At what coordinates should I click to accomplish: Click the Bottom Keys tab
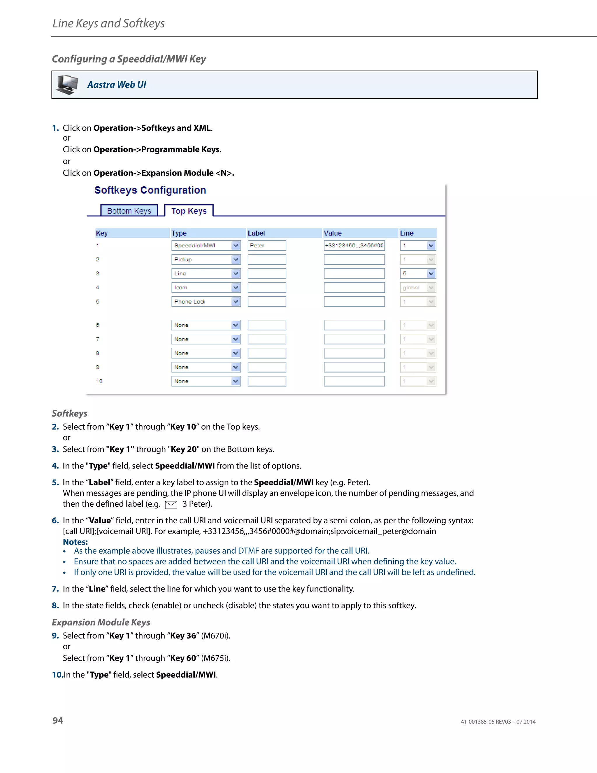click(129, 211)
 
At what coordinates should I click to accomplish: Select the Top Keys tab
click(189, 211)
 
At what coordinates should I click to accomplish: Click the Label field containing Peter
click(267, 245)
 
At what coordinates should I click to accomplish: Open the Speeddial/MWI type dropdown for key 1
click(206, 245)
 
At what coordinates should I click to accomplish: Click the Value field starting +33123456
click(354, 245)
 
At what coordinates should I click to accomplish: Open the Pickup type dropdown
click(206, 259)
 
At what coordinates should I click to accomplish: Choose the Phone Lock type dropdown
click(206, 302)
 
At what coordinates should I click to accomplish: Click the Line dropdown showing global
click(418, 287)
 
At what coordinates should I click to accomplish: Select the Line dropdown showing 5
click(418, 274)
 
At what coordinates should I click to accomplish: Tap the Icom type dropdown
click(206, 287)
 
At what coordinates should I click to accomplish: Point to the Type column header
click(179, 233)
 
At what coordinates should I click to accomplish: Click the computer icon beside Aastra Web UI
click(67, 85)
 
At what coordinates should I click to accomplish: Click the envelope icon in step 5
click(171, 505)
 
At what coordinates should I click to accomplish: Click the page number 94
click(58, 720)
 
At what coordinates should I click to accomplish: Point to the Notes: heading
click(75, 542)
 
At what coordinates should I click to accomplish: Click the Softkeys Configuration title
click(150, 190)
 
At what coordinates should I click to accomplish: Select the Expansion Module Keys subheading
click(101, 622)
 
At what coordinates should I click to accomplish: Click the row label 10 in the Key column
click(99, 381)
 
